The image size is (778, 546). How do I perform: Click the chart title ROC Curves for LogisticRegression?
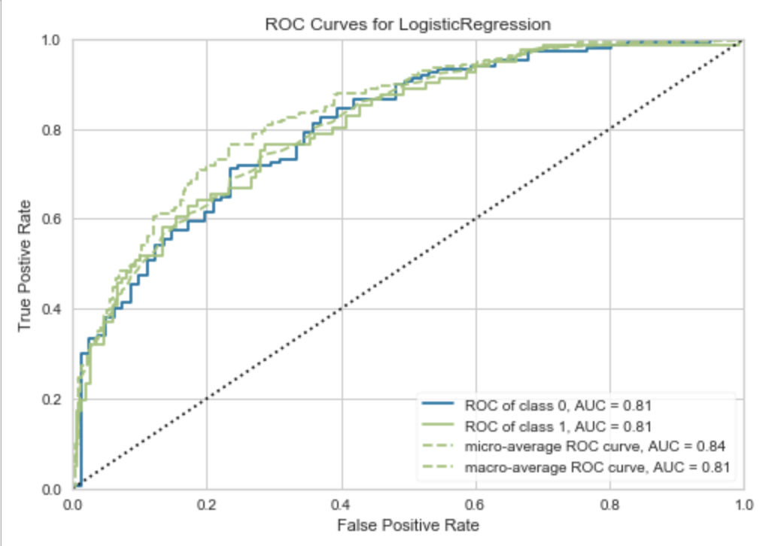pos(409,24)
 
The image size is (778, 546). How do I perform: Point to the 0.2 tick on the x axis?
pos(207,502)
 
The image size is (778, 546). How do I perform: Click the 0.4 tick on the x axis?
pos(342,502)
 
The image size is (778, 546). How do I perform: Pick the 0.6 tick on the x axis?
pos(476,502)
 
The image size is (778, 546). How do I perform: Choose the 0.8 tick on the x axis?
pos(610,502)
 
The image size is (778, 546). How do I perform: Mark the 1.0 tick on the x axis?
pos(743,502)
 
